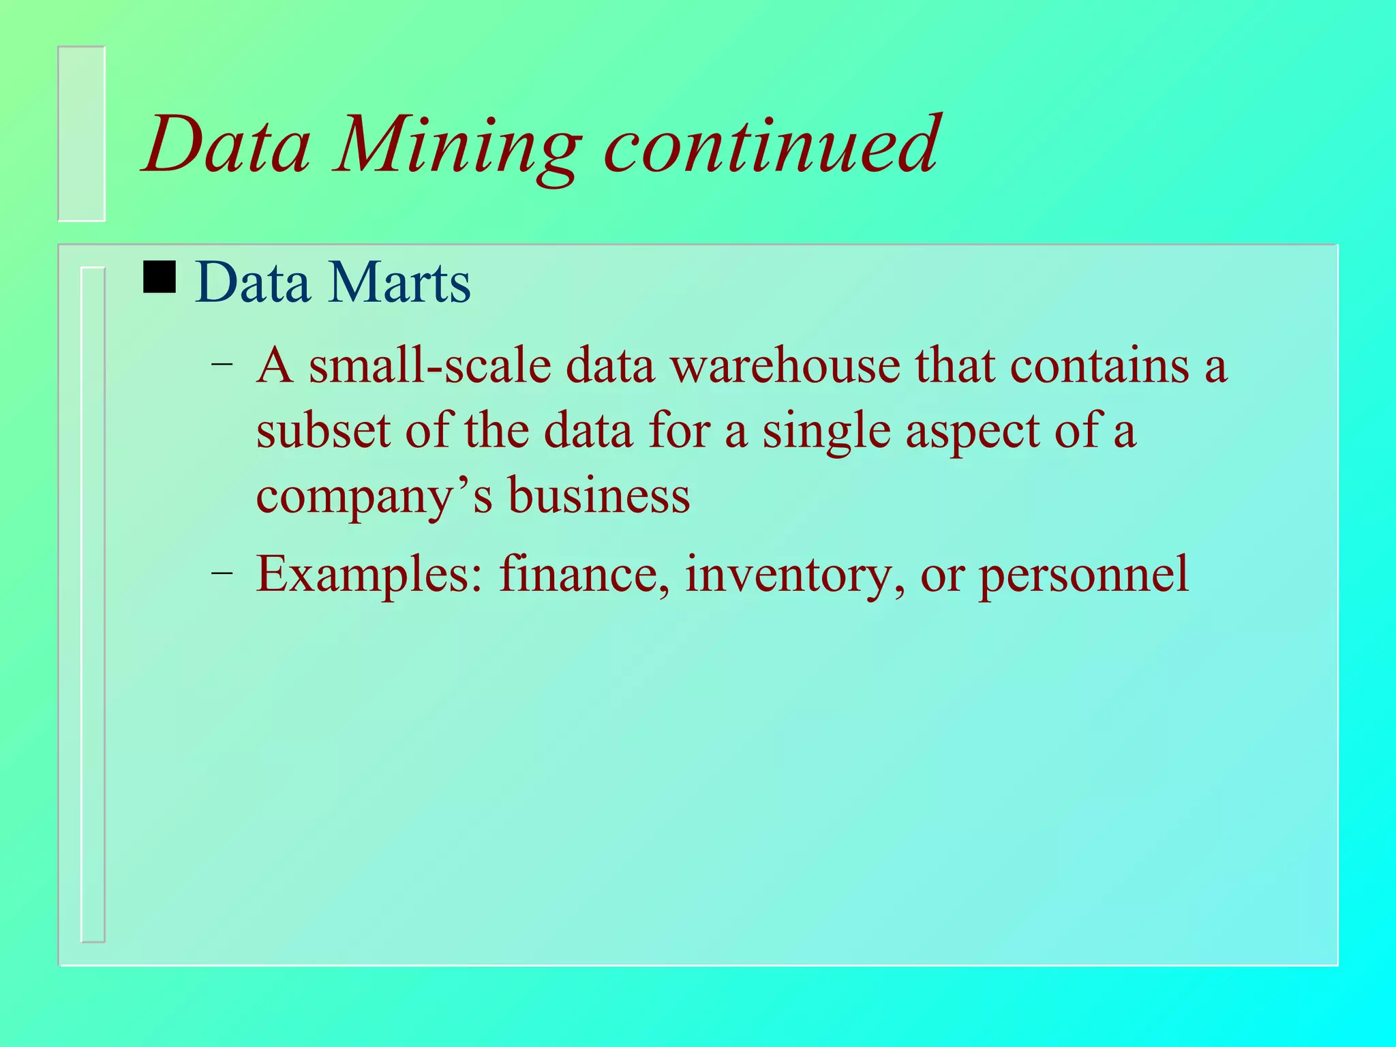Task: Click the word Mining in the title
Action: click(x=457, y=147)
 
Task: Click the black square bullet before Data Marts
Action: click(x=160, y=278)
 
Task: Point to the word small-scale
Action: click(x=429, y=366)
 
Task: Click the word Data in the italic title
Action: click(x=227, y=146)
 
